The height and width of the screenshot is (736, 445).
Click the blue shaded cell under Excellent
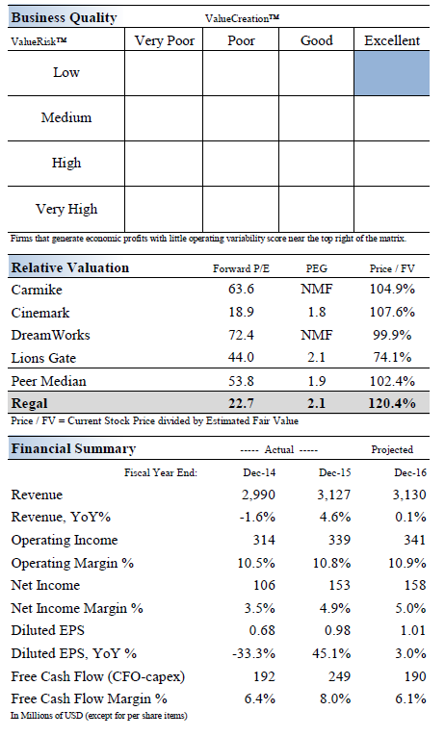[392, 73]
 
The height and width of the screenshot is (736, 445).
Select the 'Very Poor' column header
[165, 40]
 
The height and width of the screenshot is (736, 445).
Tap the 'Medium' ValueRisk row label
[66, 117]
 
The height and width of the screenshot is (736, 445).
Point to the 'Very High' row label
[66, 209]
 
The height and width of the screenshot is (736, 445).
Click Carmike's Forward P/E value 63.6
[241, 289]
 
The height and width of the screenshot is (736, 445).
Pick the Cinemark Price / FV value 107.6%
[392, 312]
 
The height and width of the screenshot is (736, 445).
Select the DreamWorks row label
[50, 335]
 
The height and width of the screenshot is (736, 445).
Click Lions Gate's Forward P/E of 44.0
[241, 357]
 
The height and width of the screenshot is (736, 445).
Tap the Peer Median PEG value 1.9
[316, 381]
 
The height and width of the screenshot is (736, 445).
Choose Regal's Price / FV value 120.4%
[392, 403]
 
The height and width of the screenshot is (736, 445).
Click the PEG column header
[316, 268]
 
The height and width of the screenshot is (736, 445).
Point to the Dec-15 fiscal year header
[334, 472]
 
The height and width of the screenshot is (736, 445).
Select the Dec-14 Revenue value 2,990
[258, 495]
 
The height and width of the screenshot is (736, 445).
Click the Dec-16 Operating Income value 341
[414, 540]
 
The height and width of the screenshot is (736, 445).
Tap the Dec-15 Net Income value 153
[339, 585]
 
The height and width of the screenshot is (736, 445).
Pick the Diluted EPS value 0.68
[262, 630]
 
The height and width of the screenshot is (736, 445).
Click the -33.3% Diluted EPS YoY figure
[253, 653]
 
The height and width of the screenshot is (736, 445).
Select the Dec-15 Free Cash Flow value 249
[339, 676]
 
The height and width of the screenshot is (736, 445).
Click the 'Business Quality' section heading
[64, 17]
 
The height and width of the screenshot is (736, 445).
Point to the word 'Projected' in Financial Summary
[392, 449]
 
